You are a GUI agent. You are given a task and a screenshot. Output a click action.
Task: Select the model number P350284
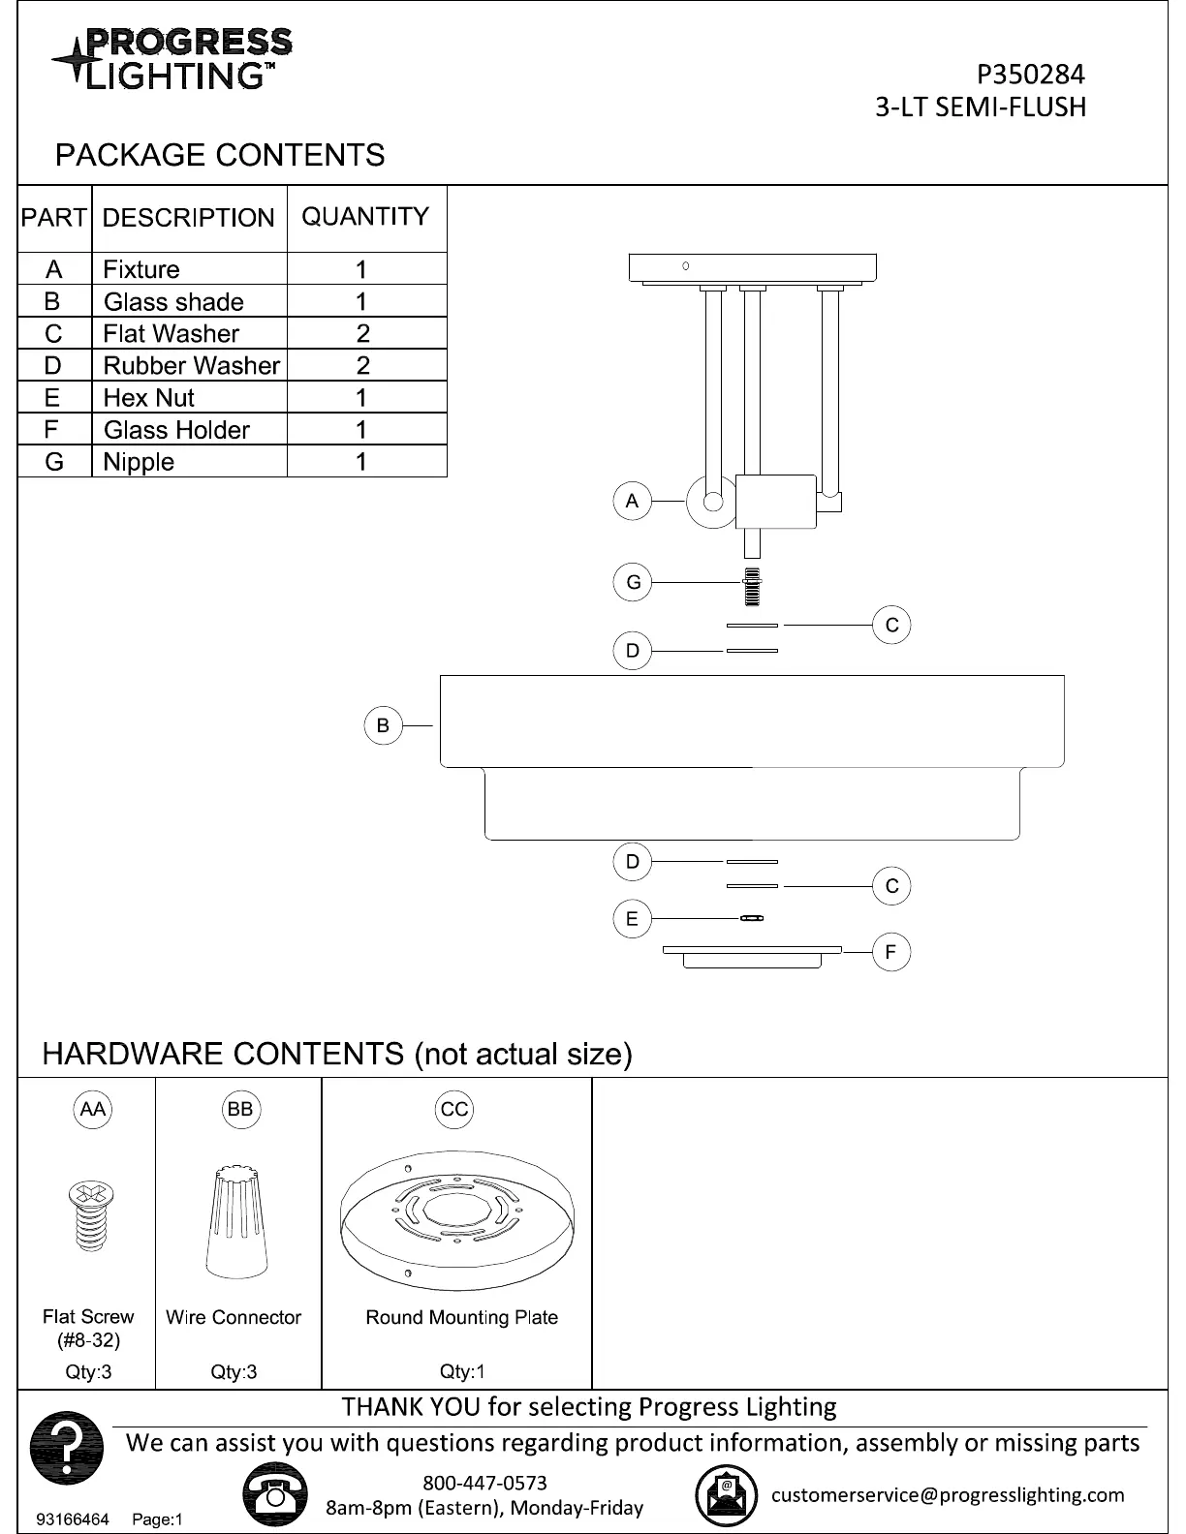tap(1030, 75)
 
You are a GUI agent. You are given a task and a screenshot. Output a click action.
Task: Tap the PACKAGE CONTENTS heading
tap(220, 155)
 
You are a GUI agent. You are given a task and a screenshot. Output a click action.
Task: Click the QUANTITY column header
tap(365, 217)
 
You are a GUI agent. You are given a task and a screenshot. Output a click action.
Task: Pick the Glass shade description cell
tap(174, 301)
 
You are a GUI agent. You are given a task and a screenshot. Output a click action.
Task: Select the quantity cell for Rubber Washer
tap(363, 365)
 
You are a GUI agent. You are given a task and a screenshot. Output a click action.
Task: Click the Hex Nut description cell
tap(149, 397)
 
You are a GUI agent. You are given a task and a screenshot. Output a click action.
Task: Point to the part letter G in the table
tap(53, 462)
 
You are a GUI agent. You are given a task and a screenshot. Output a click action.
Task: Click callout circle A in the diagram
tap(632, 501)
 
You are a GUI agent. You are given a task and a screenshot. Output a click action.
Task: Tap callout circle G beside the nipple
tap(633, 582)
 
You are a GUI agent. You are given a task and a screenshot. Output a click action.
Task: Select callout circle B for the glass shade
tap(383, 725)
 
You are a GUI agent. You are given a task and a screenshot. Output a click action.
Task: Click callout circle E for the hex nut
tap(632, 918)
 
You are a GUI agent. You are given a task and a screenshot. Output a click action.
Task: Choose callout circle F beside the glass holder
tap(891, 952)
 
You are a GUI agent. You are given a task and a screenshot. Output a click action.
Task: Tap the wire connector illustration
tap(235, 1222)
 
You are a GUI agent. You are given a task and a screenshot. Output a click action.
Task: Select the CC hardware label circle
tap(454, 1110)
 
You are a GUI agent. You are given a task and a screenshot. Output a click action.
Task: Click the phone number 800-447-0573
tap(484, 1483)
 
